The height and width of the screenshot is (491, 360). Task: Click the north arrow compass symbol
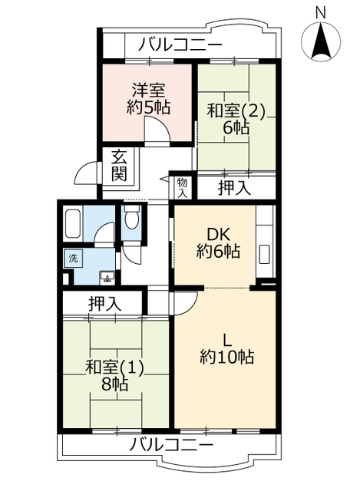pyautogui.click(x=321, y=41)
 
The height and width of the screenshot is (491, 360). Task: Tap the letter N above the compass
pyautogui.click(x=321, y=13)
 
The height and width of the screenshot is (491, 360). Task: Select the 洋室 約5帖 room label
pyautogui.click(x=148, y=99)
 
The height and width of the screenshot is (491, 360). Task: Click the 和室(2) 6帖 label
pyautogui.click(x=236, y=119)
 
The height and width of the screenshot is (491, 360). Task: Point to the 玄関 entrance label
pyautogui.click(x=120, y=166)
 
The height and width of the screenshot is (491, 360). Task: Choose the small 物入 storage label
pyautogui.click(x=183, y=187)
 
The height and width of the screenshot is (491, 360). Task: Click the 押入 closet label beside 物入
pyautogui.click(x=234, y=188)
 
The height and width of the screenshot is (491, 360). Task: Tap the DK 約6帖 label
pyautogui.click(x=219, y=242)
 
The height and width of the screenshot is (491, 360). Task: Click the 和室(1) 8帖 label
pyautogui.click(x=114, y=375)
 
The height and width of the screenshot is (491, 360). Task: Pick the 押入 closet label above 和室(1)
pyautogui.click(x=104, y=304)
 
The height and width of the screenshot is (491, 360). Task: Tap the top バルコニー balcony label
pyautogui.click(x=180, y=44)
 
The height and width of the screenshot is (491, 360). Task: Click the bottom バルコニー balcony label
pyautogui.click(x=171, y=445)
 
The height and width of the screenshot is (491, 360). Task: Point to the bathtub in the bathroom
pyautogui.click(x=74, y=223)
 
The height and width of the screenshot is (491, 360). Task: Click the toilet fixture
pyautogui.click(x=131, y=218)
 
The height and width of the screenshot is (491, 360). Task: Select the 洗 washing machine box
pyautogui.click(x=74, y=259)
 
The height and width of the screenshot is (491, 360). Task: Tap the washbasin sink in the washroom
pyautogui.click(x=107, y=278)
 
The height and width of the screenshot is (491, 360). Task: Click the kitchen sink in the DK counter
pyautogui.click(x=266, y=254)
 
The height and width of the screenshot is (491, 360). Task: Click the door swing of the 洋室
pyautogui.click(x=157, y=129)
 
